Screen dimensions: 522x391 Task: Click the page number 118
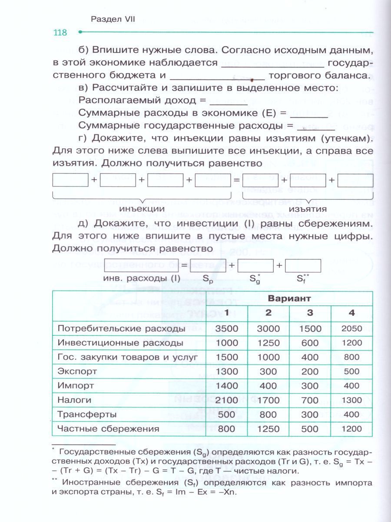(x=60, y=33)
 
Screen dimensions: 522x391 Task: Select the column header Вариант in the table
(x=289, y=298)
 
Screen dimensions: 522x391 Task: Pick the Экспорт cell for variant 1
(x=226, y=371)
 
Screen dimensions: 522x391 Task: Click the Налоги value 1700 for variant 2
(x=268, y=400)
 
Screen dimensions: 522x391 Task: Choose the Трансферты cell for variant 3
(x=310, y=414)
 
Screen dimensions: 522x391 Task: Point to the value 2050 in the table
(x=351, y=329)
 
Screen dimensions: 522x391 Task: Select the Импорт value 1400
(x=226, y=386)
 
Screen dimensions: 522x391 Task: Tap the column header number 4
(x=351, y=313)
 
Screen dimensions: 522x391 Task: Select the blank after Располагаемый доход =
(x=229, y=101)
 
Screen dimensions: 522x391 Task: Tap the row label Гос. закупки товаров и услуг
(x=128, y=357)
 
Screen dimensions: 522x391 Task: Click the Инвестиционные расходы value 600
(x=310, y=343)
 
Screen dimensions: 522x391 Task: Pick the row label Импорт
(x=76, y=386)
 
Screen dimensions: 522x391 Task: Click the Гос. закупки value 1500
(x=226, y=357)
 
